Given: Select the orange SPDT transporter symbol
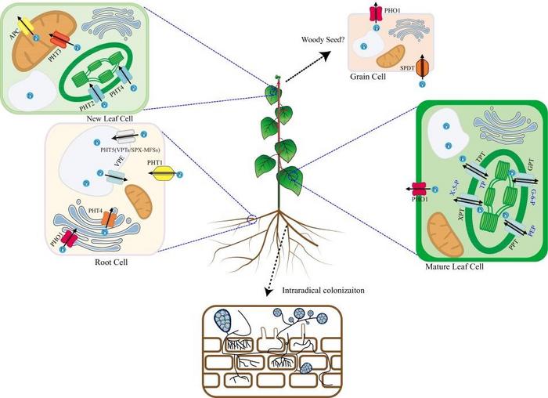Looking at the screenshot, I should coord(421,68).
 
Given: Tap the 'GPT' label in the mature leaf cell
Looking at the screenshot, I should coord(528,165).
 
